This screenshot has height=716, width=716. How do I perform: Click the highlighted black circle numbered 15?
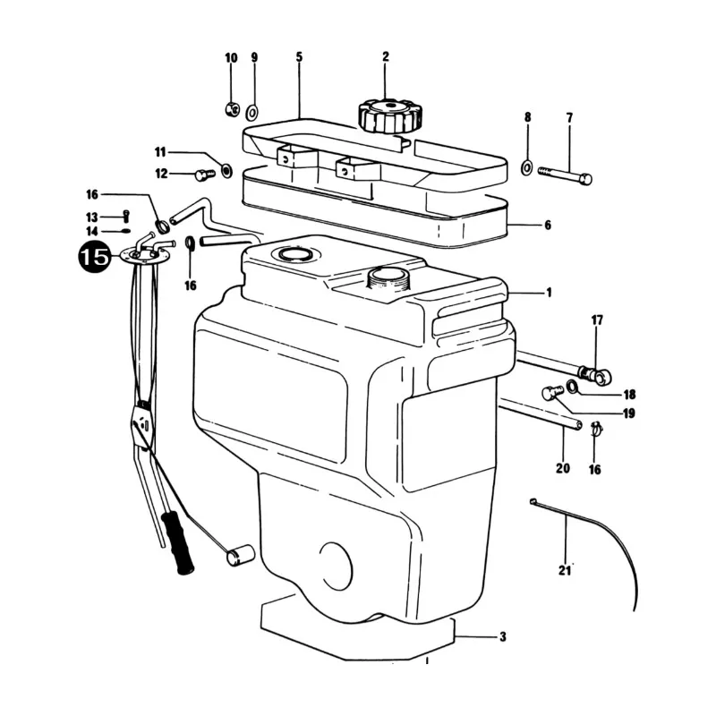pyautogui.click(x=95, y=257)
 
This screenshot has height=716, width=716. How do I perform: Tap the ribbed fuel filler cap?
pyautogui.click(x=389, y=117)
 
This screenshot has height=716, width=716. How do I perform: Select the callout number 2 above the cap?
pyautogui.click(x=386, y=56)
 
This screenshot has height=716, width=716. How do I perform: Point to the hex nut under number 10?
pyautogui.click(x=232, y=108)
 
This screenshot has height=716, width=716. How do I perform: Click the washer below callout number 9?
pyautogui.click(x=252, y=111)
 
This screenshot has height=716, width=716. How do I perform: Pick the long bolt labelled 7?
pyautogui.click(x=565, y=175)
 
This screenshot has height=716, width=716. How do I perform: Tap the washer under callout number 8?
pyautogui.click(x=526, y=168)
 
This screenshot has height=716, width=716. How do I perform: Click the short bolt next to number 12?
pyautogui.click(x=205, y=175)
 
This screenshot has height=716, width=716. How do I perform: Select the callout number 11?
pyautogui.click(x=159, y=151)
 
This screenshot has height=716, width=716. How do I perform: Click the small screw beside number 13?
pyautogui.click(x=126, y=216)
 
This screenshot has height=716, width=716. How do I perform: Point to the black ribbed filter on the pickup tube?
pyautogui.click(x=177, y=542)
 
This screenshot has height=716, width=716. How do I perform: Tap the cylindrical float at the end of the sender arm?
pyautogui.click(x=241, y=554)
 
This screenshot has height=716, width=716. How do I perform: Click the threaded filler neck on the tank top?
pyautogui.click(x=388, y=279)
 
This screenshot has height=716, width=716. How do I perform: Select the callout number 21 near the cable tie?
pyautogui.click(x=565, y=570)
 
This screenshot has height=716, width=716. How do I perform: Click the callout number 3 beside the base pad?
pyautogui.click(x=502, y=636)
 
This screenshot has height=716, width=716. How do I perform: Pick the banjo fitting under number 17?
pyautogui.click(x=596, y=375)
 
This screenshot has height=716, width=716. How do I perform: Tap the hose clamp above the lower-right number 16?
pyautogui.click(x=596, y=429)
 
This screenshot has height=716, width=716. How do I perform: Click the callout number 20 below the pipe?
pyautogui.click(x=563, y=468)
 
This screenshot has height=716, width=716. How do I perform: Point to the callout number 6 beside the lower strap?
pyautogui.click(x=548, y=226)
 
